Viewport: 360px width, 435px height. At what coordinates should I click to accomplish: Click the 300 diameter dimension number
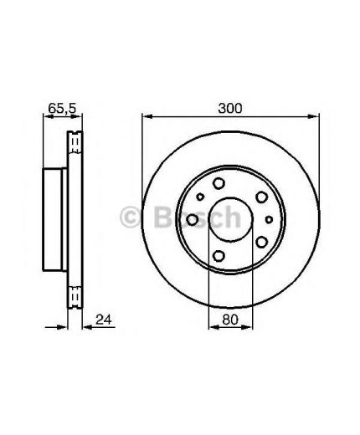point(230,108)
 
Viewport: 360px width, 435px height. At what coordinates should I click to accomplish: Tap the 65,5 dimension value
point(62,108)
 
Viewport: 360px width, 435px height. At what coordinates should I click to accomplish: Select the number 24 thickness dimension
point(103,320)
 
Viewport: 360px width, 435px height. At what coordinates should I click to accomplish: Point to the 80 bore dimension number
point(230,320)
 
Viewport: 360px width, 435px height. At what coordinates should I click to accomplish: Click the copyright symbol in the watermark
point(131,217)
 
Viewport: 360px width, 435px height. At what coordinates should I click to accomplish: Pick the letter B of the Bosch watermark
point(163,217)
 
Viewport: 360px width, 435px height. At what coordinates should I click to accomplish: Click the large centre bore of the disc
point(230,219)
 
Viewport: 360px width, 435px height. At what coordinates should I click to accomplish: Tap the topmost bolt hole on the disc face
point(219,183)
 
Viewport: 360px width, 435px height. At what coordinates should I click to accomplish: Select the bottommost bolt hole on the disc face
point(219,256)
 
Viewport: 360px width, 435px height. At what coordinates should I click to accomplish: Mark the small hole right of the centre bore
point(269,220)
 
